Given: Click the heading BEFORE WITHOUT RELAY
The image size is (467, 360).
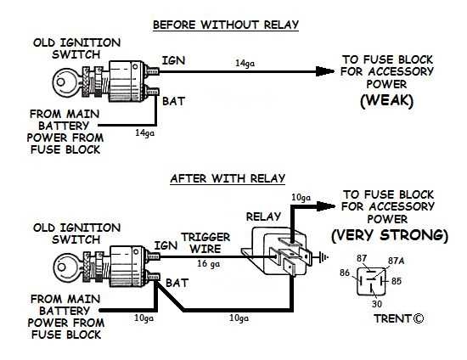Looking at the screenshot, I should pos(227,25).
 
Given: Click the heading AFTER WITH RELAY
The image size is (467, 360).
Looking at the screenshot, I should pos(228,178).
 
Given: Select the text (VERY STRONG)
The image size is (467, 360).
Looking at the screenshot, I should pos(390,234).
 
